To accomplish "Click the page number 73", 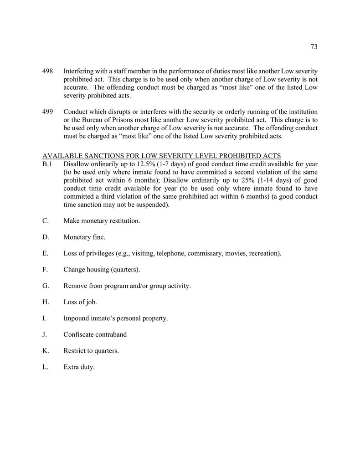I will pyautogui.click(x=314, y=47).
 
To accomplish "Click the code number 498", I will pyautogui.click(x=47, y=72).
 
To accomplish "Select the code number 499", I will pyautogui.click(x=47, y=112).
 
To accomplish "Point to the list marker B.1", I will pyautogui.click(x=48, y=164).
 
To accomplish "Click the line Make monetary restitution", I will pyautogui.click(x=102, y=220).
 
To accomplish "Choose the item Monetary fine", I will pyautogui.click(x=84, y=237).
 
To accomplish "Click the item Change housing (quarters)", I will pyautogui.click(x=102, y=269).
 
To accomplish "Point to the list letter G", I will pyautogui.click(x=46, y=286).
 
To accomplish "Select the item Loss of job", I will pyautogui.click(x=80, y=302).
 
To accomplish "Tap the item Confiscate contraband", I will pyautogui.click(x=95, y=334).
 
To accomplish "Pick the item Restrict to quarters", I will pyautogui.click(x=91, y=351).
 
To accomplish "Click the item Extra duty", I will pyautogui.click(x=79, y=367).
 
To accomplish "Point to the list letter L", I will pyautogui.click(x=45, y=367).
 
